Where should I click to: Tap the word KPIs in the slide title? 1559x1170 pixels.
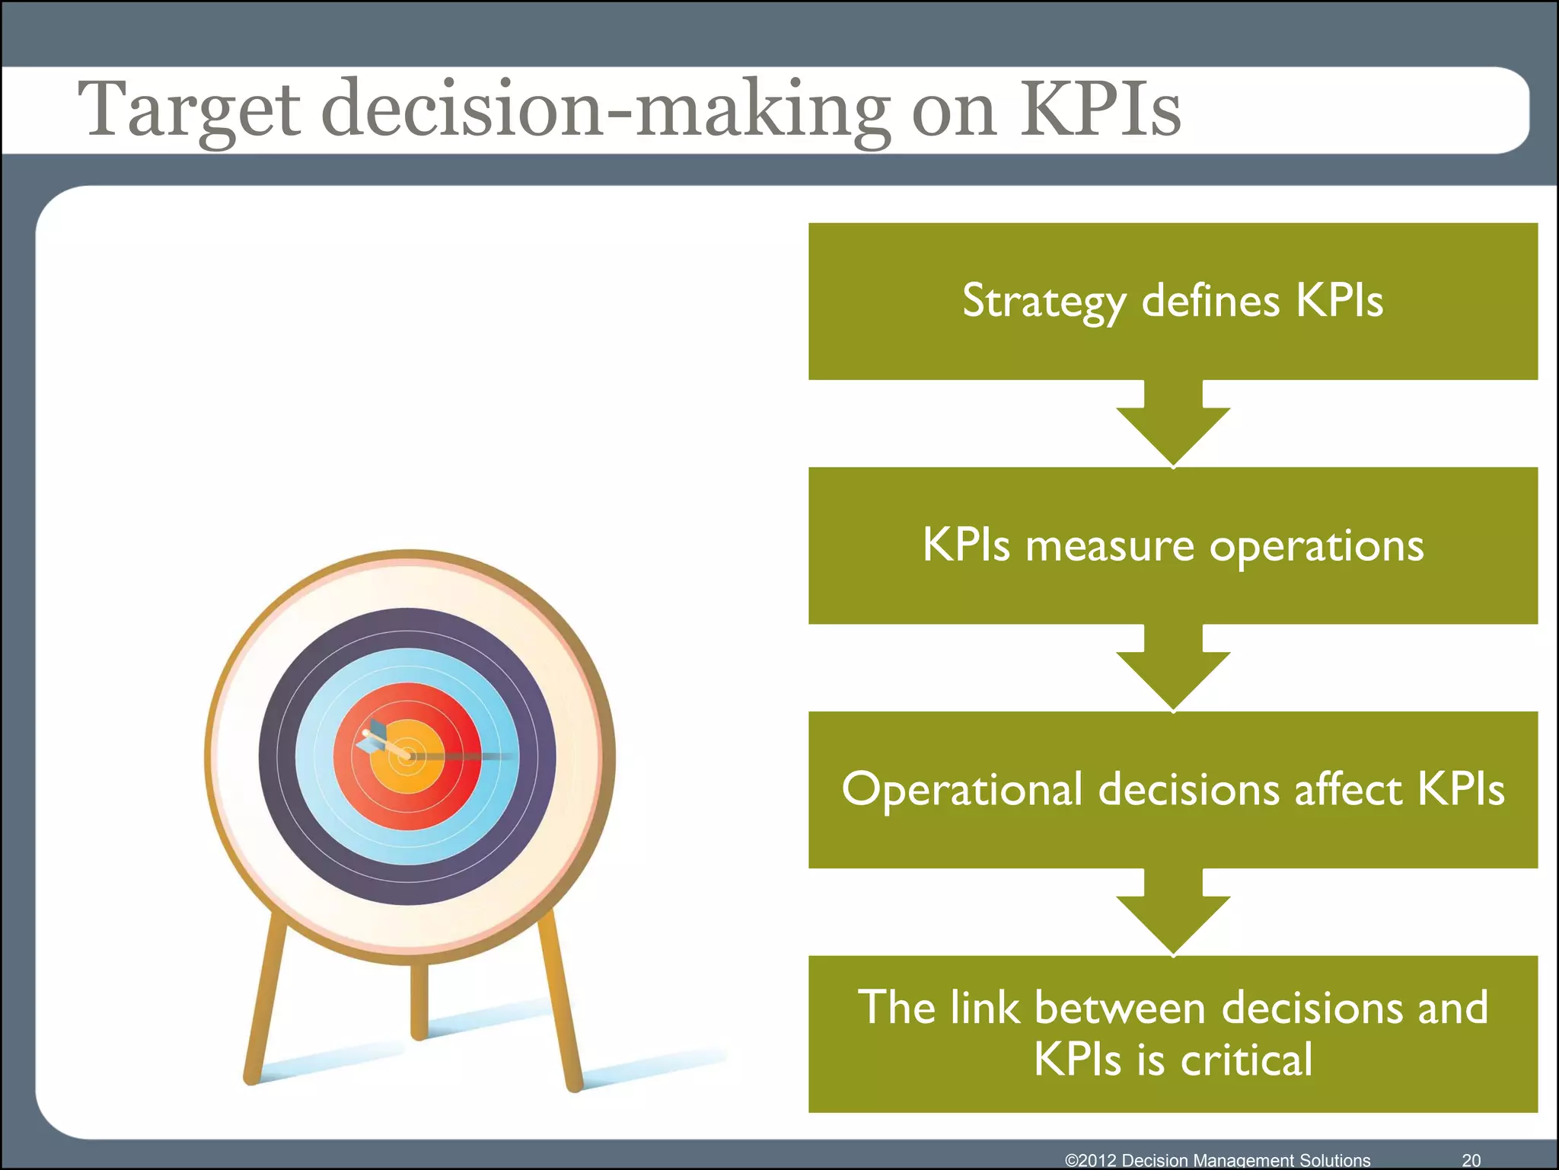click(x=1100, y=110)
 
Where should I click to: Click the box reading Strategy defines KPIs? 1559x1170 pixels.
click(x=1172, y=301)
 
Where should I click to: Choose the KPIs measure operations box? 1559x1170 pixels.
click(x=1172, y=545)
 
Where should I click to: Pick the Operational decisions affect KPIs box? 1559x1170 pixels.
click(x=1172, y=790)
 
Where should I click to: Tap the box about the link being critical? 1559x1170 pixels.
click(x=1172, y=1034)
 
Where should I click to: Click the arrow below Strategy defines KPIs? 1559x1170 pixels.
click(x=1173, y=427)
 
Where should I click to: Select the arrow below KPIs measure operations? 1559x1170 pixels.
click(x=1173, y=671)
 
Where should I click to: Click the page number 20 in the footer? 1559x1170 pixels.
click(x=1471, y=1160)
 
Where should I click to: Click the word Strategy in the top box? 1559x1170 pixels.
click(x=1044, y=302)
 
